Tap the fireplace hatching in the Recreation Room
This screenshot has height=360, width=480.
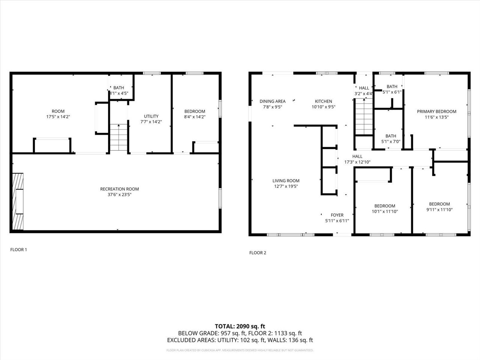tap(18, 201)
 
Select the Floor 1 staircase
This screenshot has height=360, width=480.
tap(119, 137)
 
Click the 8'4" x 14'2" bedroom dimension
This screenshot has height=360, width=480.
tap(195, 117)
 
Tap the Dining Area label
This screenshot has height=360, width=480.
tap(272, 101)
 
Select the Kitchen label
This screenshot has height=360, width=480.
tap(323, 101)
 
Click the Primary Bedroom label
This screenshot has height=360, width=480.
tap(436, 111)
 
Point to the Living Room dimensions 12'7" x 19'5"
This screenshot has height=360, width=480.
tap(286, 186)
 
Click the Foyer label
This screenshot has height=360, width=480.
tap(337, 215)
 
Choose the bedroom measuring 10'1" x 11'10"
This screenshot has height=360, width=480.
tap(384, 208)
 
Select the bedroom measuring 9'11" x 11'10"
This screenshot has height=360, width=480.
tap(439, 207)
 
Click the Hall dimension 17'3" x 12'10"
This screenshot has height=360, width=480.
tap(357, 162)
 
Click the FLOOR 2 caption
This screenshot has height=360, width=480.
tap(258, 253)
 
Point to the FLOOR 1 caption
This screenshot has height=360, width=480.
tap(18, 250)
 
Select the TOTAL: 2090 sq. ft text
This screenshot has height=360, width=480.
tap(240, 326)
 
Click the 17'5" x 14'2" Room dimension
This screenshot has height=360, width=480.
tap(58, 117)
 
